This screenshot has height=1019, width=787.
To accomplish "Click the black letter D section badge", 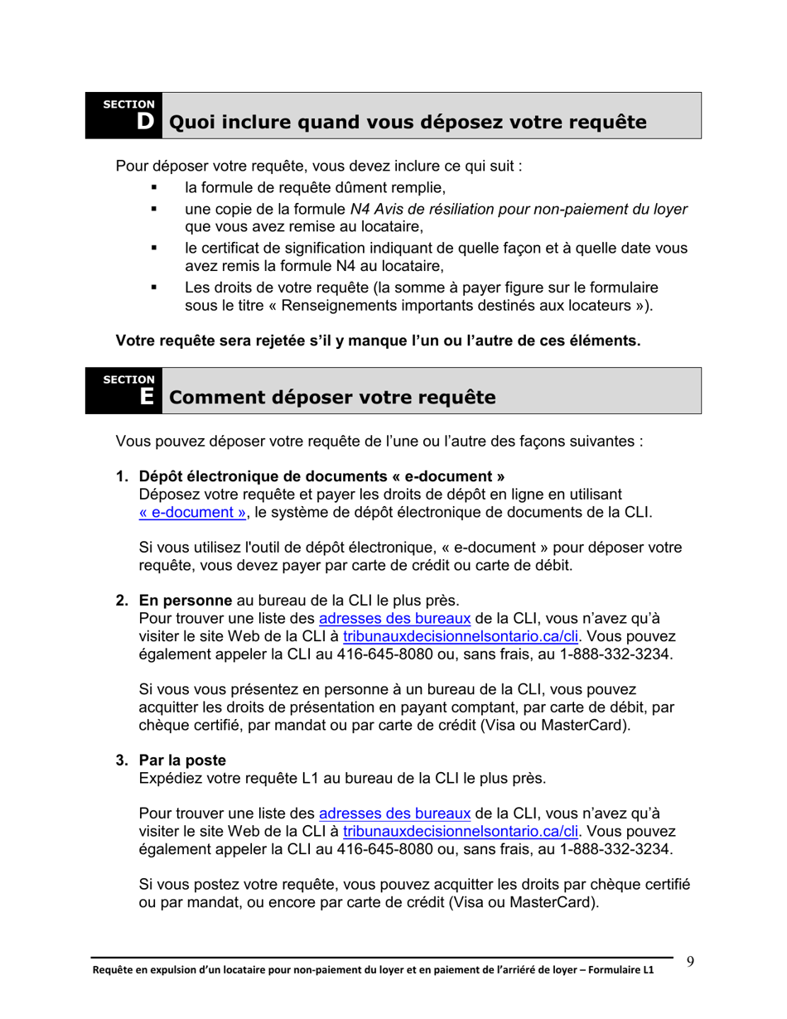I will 145,122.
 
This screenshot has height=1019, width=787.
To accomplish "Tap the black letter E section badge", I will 146,397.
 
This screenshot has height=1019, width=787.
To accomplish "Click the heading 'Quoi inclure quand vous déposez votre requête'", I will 408,122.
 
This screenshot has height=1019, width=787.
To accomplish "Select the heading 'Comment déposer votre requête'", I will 332,398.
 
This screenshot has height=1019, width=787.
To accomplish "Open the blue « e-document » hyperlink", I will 192,512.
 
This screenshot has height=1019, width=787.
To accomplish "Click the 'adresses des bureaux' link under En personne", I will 394,618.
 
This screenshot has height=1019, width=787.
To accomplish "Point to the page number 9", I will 690,962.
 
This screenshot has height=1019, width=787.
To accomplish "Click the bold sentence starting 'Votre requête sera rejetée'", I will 378,340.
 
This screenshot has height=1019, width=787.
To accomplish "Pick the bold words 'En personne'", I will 186,600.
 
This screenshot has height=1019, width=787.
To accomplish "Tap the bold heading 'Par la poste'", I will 182,760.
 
